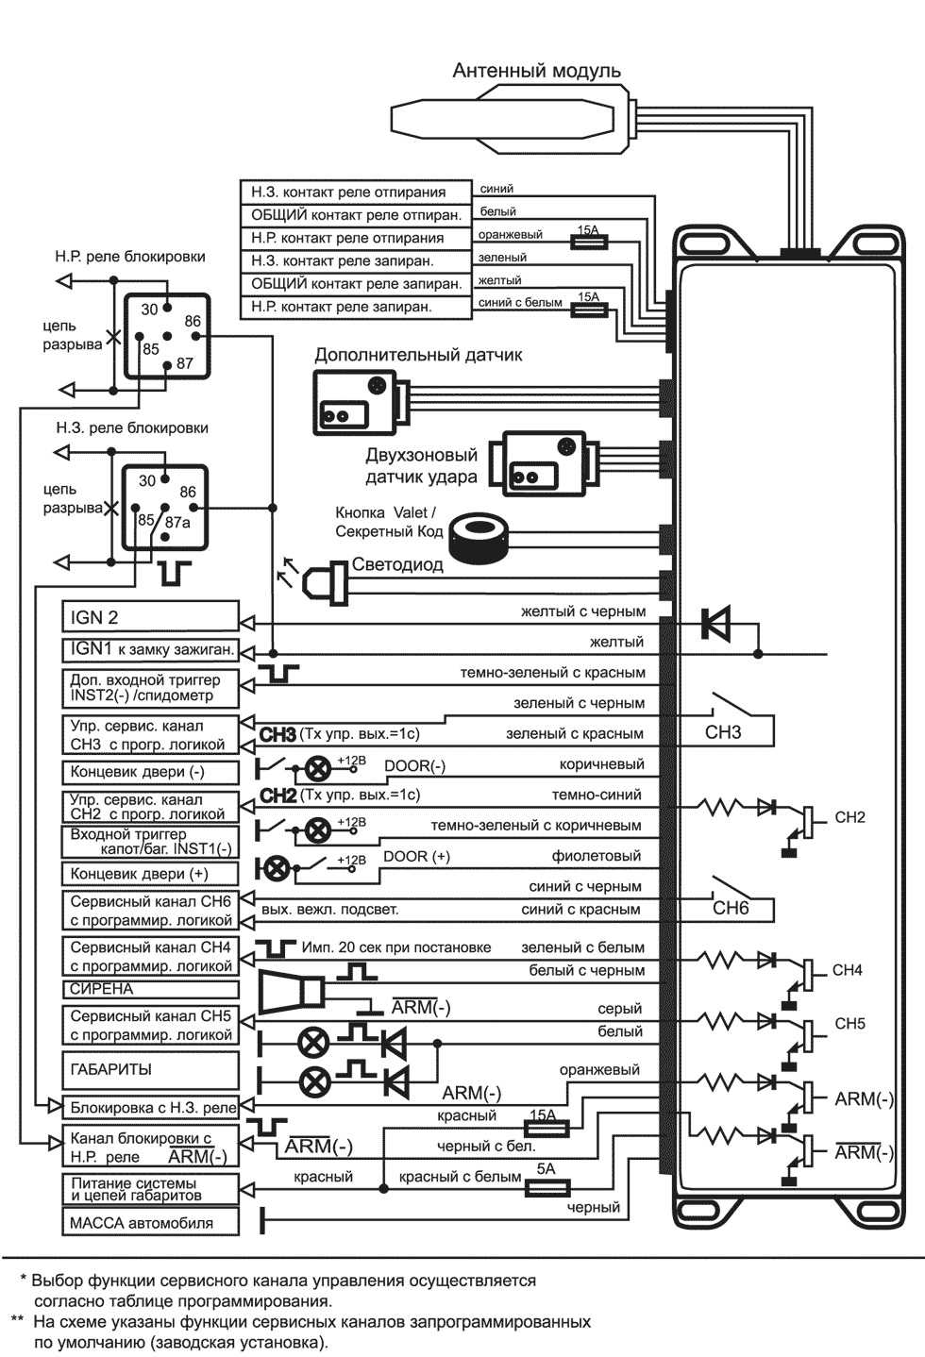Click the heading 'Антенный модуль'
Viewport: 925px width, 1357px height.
[536, 71]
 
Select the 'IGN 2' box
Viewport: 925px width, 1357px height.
[150, 617]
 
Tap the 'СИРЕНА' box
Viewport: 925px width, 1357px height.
[150, 989]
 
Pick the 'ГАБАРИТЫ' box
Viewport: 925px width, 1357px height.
[150, 1070]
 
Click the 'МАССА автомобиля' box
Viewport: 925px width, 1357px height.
[150, 1223]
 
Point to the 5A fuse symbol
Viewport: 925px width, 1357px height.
[546, 1188]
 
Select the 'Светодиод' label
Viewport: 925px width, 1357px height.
[397, 564]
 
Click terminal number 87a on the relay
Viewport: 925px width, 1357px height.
[177, 522]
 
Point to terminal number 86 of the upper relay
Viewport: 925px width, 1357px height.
[193, 321]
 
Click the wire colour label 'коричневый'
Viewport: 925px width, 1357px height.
[601, 764]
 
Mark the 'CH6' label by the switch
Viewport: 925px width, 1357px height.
[730, 908]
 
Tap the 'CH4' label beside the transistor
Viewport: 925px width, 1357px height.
[847, 970]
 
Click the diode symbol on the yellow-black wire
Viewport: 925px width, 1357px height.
[715, 623]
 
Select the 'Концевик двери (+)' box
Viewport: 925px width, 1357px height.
[150, 874]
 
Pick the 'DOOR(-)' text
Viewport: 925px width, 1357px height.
[414, 765]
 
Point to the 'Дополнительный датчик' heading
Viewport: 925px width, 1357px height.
[418, 355]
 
